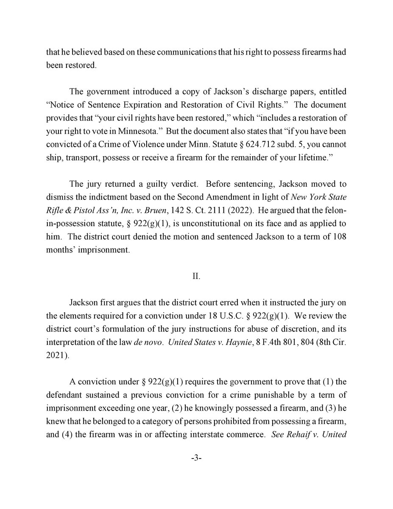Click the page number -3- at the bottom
pos(196,459)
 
